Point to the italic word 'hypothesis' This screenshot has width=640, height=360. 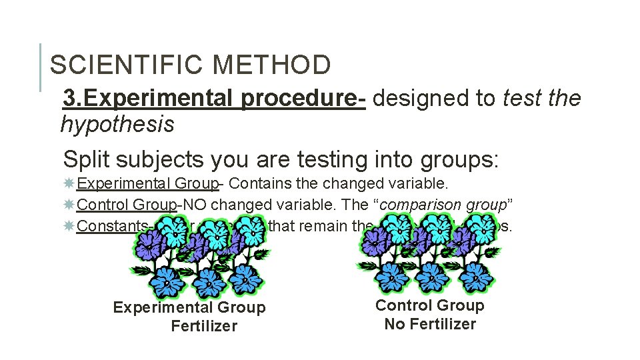(x=117, y=124)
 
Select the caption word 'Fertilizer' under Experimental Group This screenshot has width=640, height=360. (x=203, y=326)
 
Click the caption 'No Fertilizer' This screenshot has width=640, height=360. (x=430, y=324)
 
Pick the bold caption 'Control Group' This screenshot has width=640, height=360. (x=430, y=305)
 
